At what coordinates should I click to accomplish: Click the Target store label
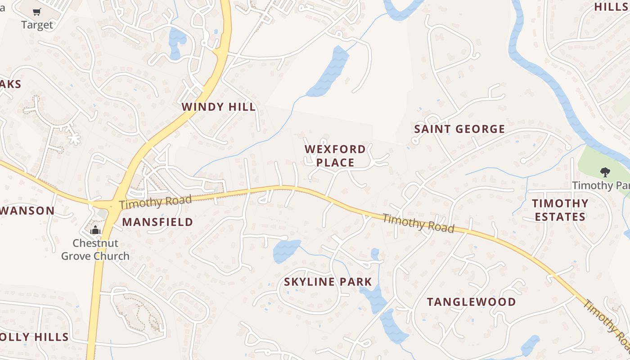(x=37, y=25)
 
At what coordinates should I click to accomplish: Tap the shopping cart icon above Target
(x=37, y=12)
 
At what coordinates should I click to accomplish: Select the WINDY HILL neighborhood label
(x=219, y=107)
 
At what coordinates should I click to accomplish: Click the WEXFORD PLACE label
(x=335, y=156)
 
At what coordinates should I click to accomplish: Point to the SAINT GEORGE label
(x=459, y=129)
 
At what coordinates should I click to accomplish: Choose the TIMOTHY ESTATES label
(x=560, y=210)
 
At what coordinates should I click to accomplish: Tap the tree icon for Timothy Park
(x=605, y=171)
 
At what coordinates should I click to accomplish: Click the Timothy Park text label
(x=600, y=185)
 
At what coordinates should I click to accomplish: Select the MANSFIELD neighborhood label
(x=157, y=222)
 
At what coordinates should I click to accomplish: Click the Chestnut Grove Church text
(x=95, y=250)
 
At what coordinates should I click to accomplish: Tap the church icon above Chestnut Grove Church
(x=95, y=231)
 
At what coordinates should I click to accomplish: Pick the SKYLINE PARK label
(x=328, y=282)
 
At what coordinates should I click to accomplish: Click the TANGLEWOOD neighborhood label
(x=471, y=302)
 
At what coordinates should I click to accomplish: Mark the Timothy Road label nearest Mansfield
(x=156, y=202)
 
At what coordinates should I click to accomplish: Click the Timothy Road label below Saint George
(x=418, y=223)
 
